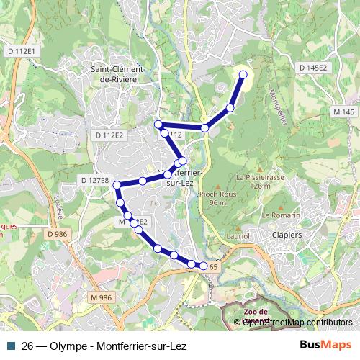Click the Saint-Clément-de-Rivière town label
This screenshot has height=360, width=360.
[118, 74]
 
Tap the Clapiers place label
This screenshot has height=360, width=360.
[287, 234]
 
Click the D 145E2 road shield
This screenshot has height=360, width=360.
[312, 67]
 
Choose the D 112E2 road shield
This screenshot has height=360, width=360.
[109, 135]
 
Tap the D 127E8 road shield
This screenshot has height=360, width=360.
[94, 180]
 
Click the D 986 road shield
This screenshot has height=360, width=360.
[57, 234]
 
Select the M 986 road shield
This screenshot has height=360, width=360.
[102, 297]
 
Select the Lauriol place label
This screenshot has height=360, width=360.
[236, 235]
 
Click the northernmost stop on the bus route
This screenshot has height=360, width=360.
[243, 74]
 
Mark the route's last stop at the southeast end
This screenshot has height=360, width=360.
[203, 266]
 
